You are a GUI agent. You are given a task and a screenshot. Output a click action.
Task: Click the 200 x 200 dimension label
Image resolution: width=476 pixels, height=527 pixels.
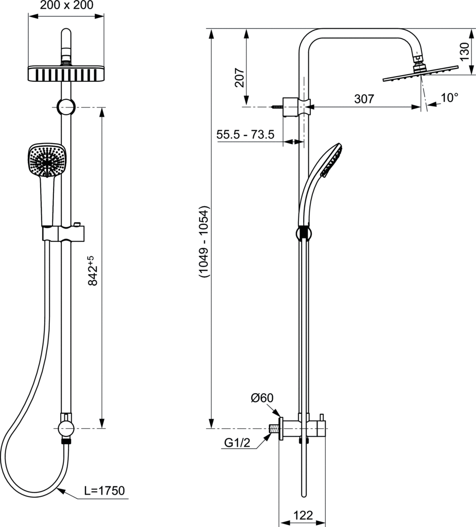[66, 6]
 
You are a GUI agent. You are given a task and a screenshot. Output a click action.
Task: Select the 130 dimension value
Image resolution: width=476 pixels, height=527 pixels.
[465, 52]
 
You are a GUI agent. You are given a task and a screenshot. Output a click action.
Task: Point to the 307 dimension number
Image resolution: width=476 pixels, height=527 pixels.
[364, 99]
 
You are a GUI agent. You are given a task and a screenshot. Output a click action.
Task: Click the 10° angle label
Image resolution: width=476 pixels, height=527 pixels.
[449, 97]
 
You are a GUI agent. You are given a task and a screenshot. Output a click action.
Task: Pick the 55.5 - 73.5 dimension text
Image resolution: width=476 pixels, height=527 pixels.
[245, 135]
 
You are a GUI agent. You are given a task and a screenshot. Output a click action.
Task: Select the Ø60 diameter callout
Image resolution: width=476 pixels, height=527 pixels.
[262, 397]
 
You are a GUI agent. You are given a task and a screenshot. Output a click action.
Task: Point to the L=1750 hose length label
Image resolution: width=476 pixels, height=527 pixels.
[104, 490]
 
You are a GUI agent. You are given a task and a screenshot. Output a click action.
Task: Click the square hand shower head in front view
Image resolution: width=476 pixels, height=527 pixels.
[46, 160]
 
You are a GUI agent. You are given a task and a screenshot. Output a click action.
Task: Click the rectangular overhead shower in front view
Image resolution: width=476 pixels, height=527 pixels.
[66, 73]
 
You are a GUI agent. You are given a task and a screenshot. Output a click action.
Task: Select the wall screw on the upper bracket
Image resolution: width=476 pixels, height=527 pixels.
[276, 107]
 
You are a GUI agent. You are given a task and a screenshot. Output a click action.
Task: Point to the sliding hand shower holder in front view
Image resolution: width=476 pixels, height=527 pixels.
[63, 233]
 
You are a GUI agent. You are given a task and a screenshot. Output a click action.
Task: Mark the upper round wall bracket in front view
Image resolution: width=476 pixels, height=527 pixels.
[65, 107]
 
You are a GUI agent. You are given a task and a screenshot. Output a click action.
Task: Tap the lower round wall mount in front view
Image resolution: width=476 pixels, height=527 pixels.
[66, 428]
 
